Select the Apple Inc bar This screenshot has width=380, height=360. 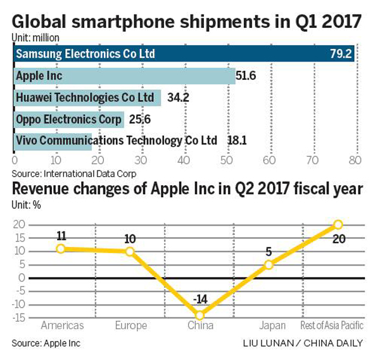[x=124, y=76]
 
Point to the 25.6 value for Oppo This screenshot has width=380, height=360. [x=142, y=119]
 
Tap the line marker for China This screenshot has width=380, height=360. [x=200, y=315]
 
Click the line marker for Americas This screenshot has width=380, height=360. [x=61, y=248]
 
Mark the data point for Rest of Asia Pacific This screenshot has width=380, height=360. [x=338, y=224]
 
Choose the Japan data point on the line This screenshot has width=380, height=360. [x=269, y=264]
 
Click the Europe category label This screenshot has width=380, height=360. [x=130, y=326]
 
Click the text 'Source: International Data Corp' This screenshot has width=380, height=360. [x=74, y=173]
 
